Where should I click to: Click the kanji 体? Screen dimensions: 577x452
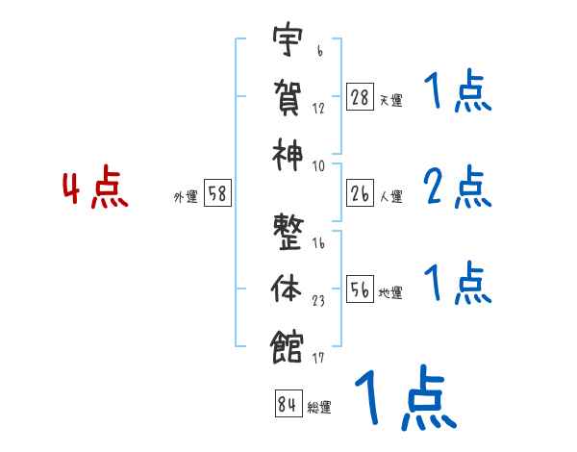pos(288,287)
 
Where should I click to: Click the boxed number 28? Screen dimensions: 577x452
pos(360,97)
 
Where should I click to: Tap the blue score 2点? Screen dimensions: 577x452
pos(457,188)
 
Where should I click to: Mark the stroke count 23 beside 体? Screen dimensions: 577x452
pos(318,301)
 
